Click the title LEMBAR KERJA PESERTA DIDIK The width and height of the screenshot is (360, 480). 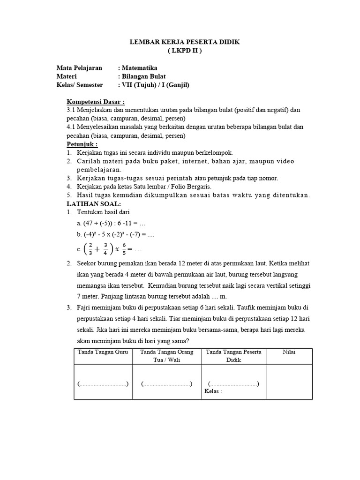(x=185, y=42)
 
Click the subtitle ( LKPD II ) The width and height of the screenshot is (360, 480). (x=185, y=51)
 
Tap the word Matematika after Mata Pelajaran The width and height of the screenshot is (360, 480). (x=140, y=68)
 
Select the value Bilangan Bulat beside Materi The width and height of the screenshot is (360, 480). (x=143, y=76)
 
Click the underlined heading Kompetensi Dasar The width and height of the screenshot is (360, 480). (x=96, y=102)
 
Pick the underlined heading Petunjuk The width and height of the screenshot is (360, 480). (x=82, y=144)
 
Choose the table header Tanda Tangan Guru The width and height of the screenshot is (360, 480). (x=103, y=352)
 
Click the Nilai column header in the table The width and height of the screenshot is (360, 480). (x=289, y=352)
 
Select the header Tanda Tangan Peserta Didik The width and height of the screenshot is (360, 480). (x=233, y=356)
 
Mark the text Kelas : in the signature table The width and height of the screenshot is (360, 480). (x=213, y=391)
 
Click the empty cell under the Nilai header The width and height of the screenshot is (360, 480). (x=289, y=382)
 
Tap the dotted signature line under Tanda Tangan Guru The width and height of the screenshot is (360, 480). (x=103, y=384)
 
